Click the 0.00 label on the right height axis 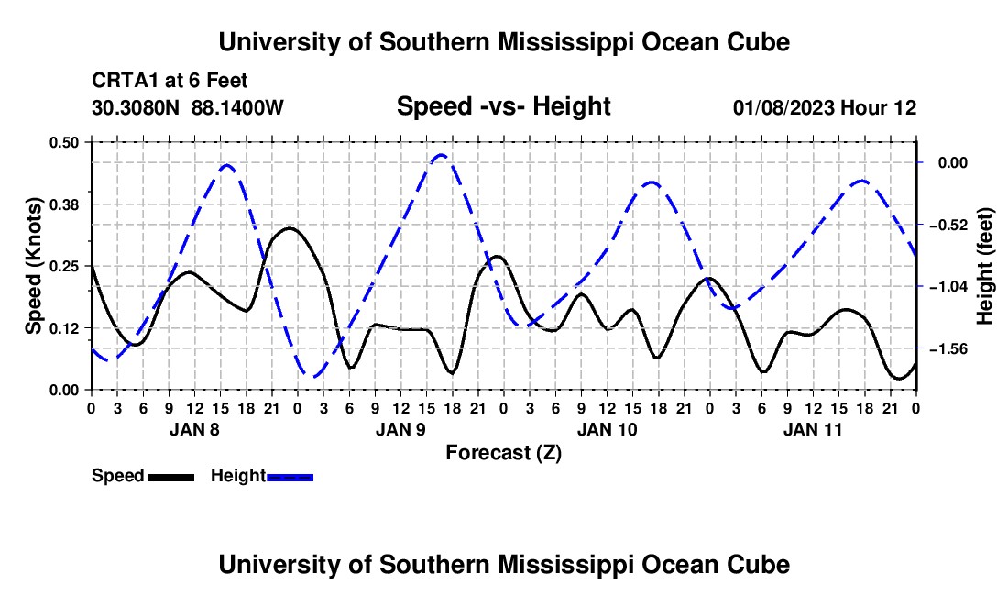[953, 162]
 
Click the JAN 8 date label [194, 429]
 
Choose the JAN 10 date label [607, 429]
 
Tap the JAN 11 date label [813, 429]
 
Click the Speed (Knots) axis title [33, 266]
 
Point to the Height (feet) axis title [985, 266]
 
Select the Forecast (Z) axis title [503, 453]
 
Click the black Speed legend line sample [171, 477]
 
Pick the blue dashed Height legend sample [290, 477]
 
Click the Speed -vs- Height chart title [503, 106]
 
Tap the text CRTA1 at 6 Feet [170, 81]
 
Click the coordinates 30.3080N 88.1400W [187, 107]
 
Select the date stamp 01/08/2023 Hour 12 [825, 107]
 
